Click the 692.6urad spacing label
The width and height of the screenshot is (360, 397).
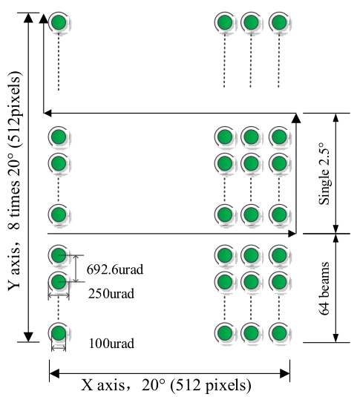115,269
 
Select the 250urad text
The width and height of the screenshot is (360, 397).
111,294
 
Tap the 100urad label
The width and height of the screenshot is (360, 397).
111,344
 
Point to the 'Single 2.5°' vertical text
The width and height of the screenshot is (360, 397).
324,174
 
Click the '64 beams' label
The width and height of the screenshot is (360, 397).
324,289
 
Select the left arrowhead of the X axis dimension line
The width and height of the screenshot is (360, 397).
54,373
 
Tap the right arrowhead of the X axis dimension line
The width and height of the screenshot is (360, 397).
285,373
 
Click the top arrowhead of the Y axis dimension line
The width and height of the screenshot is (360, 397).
28,18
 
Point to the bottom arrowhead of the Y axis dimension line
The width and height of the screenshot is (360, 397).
28,337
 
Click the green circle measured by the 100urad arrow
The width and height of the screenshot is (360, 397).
59,333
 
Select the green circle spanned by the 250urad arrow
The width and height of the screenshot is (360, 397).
59,281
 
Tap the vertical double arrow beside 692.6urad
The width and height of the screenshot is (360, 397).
76,269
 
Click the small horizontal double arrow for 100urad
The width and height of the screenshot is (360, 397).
59,349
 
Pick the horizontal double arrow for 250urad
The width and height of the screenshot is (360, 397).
59,295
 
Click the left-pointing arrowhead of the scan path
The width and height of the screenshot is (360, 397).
48,114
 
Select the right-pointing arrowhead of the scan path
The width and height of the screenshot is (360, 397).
292,234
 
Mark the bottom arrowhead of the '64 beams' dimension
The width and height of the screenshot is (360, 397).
336,338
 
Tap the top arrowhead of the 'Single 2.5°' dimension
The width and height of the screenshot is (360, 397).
336,118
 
